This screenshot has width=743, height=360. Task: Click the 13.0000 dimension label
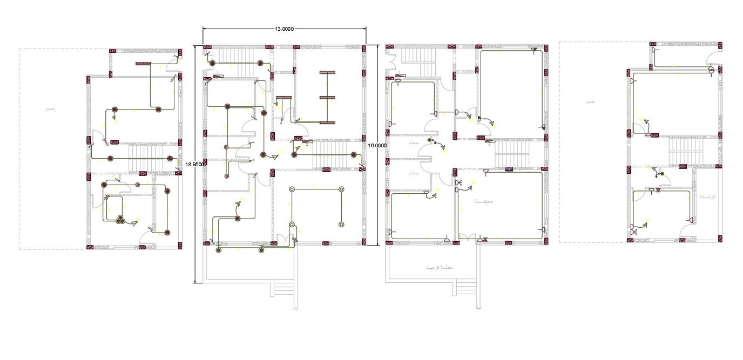click(284, 29)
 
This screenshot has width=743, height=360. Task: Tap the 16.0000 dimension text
click(377, 145)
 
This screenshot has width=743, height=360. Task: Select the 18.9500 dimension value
click(194, 164)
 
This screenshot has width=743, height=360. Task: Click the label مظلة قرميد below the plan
click(439, 268)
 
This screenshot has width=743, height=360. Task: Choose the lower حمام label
click(414, 173)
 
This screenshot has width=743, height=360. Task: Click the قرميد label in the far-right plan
click(707, 196)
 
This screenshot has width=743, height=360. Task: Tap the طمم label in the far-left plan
click(50, 109)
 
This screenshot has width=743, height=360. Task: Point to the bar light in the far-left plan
click(143, 64)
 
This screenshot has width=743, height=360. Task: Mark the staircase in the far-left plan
click(147, 159)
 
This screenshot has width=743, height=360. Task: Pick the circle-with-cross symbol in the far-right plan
click(711, 69)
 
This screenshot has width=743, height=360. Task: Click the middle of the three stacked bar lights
click(328, 97)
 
